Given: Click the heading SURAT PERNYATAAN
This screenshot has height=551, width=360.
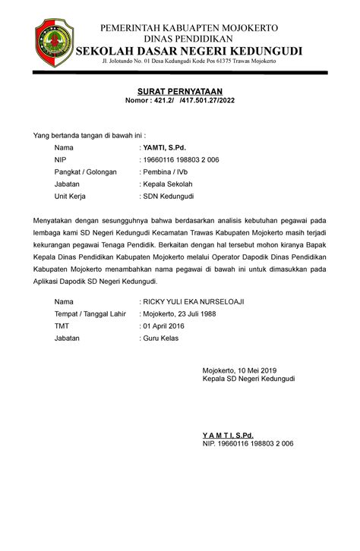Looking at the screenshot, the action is [x=179, y=90].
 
